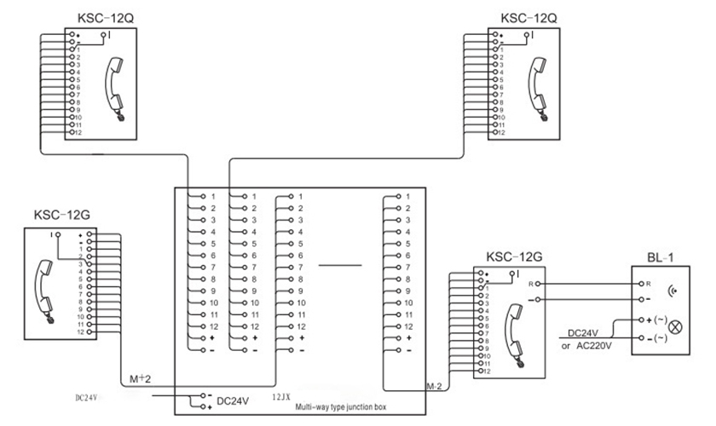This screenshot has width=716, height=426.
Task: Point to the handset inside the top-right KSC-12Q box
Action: [539, 86]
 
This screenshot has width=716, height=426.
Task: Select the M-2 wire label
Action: [434, 387]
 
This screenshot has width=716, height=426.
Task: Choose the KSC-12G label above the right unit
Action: [514, 256]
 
